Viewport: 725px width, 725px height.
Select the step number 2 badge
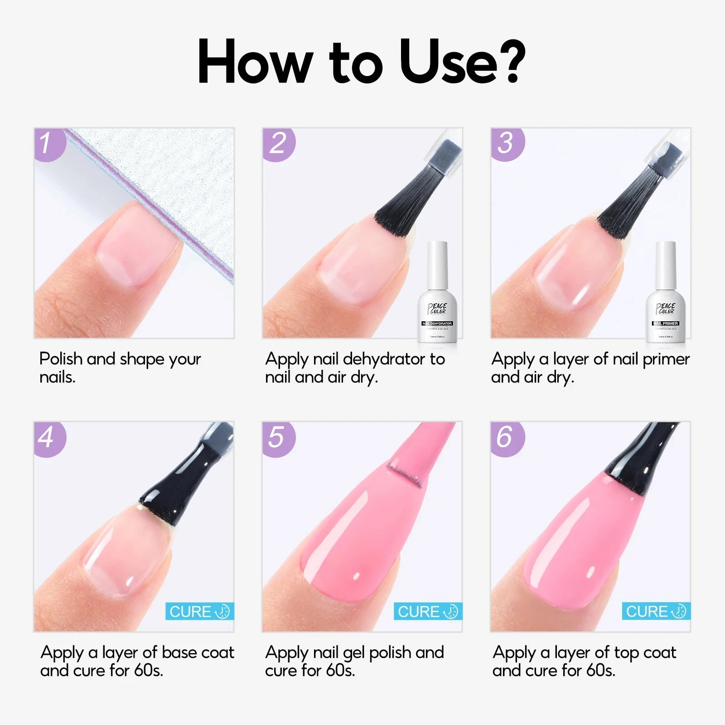pos(278,144)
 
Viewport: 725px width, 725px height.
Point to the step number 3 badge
pos(506,144)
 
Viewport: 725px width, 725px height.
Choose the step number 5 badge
pos(277,438)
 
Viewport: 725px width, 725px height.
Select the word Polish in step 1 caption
pos(61,359)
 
